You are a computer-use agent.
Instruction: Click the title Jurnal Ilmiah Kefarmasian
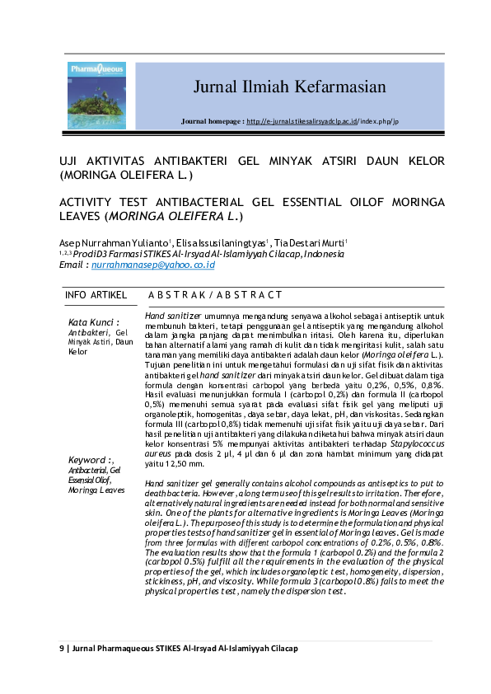point(289,87)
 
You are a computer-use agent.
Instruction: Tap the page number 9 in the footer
point(61,648)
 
